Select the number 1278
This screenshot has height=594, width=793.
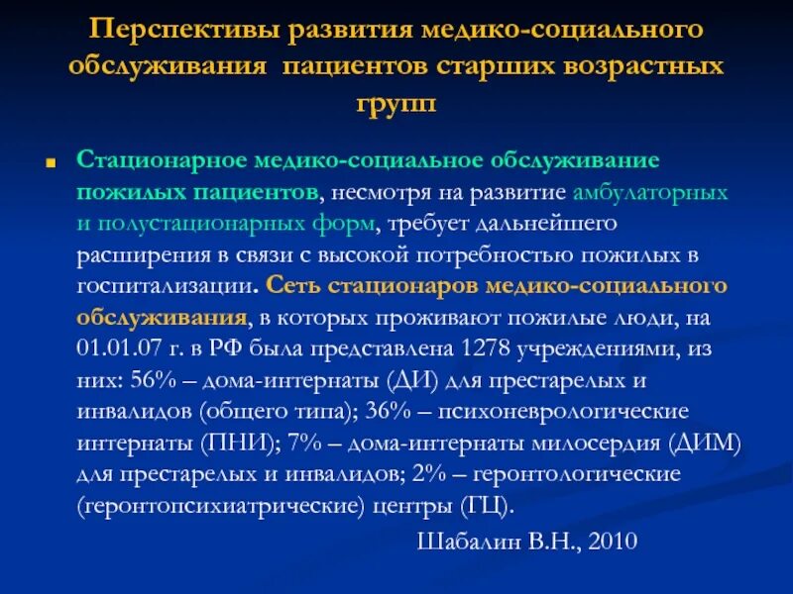[484, 348]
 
